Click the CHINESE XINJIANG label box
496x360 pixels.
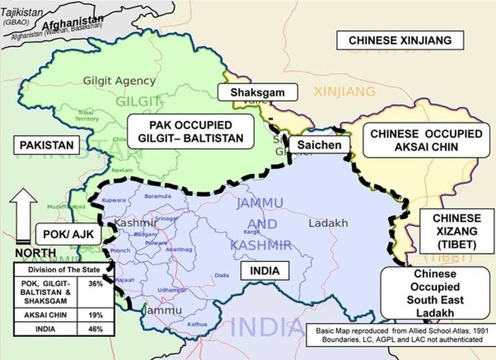click(x=406, y=40)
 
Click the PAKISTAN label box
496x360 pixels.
click(x=46, y=146)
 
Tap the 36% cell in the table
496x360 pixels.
click(x=95, y=284)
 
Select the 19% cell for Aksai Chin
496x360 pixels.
click(x=95, y=316)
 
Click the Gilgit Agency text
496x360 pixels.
click(x=119, y=81)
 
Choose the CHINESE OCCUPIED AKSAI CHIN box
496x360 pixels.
click(x=416, y=141)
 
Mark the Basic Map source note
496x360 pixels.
click(x=400, y=335)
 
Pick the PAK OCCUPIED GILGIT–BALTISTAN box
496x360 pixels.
click(x=191, y=131)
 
